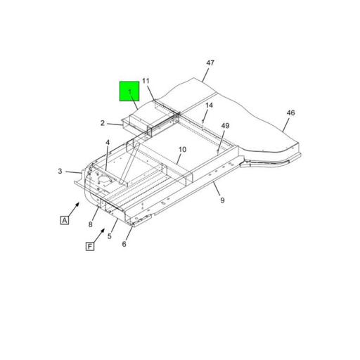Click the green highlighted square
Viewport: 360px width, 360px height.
129,91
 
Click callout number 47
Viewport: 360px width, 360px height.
210,63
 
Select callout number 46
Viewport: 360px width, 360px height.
290,113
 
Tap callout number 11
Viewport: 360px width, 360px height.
146,81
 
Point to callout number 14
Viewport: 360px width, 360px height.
209,105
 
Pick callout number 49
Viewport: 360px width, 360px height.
225,126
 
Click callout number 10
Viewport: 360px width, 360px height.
182,150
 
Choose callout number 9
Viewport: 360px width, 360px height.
222,200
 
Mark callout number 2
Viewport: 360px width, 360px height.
103,123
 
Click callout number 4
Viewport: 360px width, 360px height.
108,143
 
